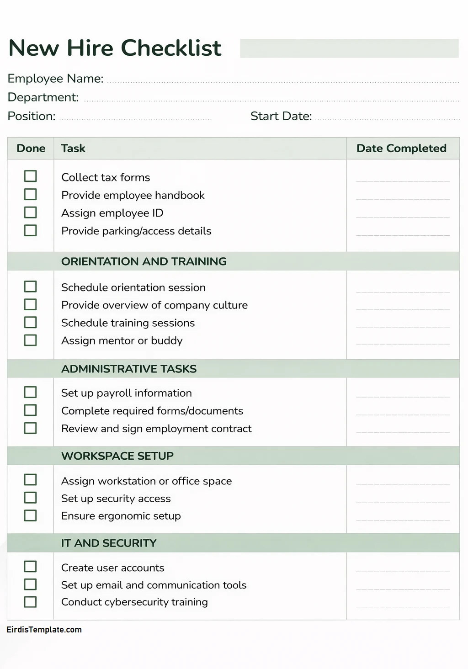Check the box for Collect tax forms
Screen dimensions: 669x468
click(30, 176)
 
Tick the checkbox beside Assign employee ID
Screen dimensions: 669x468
click(30, 212)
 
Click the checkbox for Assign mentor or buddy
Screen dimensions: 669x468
click(30, 340)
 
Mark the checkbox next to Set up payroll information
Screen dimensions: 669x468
click(30, 392)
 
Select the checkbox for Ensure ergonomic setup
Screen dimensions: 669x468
click(30, 515)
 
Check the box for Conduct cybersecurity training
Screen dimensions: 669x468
click(30, 602)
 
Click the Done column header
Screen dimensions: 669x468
click(31, 149)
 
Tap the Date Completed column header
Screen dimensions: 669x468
click(401, 149)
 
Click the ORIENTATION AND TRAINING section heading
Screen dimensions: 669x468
click(144, 261)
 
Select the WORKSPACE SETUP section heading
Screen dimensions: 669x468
click(117, 456)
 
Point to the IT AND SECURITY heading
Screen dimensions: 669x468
click(109, 543)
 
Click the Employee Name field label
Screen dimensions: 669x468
click(55, 79)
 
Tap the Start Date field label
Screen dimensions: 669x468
click(281, 116)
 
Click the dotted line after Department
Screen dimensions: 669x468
click(271, 100)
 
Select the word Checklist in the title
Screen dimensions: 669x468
click(171, 48)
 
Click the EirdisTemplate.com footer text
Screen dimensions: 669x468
click(44, 630)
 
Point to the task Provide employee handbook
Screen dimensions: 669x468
click(133, 195)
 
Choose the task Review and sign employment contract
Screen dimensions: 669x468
click(156, 429)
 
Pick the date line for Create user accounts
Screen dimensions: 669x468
click(403, 571)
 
